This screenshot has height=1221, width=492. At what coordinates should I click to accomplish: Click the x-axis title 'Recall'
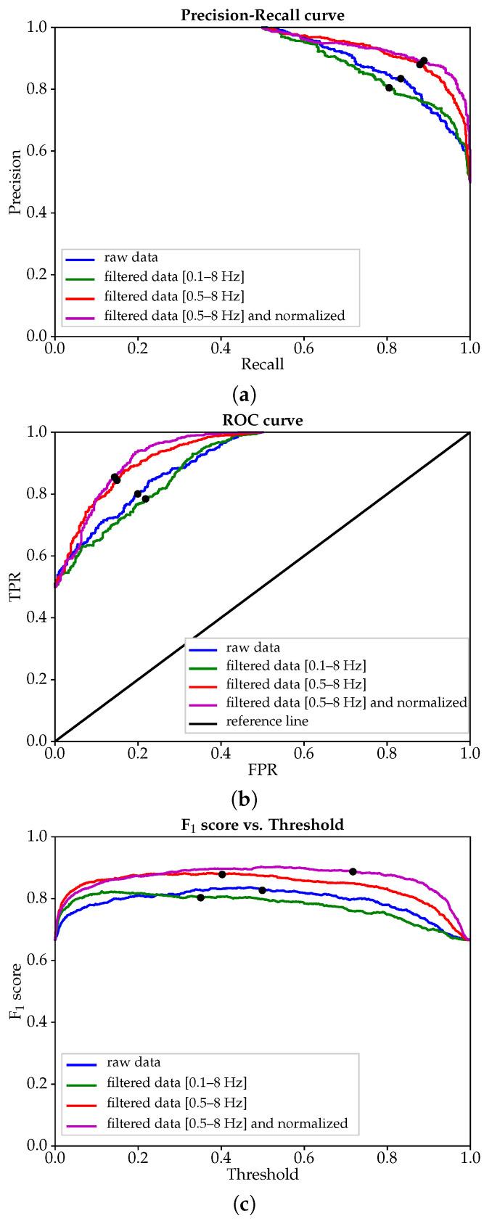click(x=262, y=364)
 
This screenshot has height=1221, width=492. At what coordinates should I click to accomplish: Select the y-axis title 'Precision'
click(x=15, y=181)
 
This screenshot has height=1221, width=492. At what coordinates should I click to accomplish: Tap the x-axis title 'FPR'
click(x=262, y=769)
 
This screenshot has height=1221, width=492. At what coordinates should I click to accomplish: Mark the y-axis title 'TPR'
click(x=15, y=586)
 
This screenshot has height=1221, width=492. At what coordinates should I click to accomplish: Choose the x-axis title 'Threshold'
click(x=262, y=1174)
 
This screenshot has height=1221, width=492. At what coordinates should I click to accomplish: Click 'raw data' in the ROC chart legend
click(x=253, y=648)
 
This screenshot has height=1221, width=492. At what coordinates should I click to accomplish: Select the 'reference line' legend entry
click(x=268, y=720)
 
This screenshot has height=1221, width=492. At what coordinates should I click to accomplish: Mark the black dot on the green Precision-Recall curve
click(x=389, y=88)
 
